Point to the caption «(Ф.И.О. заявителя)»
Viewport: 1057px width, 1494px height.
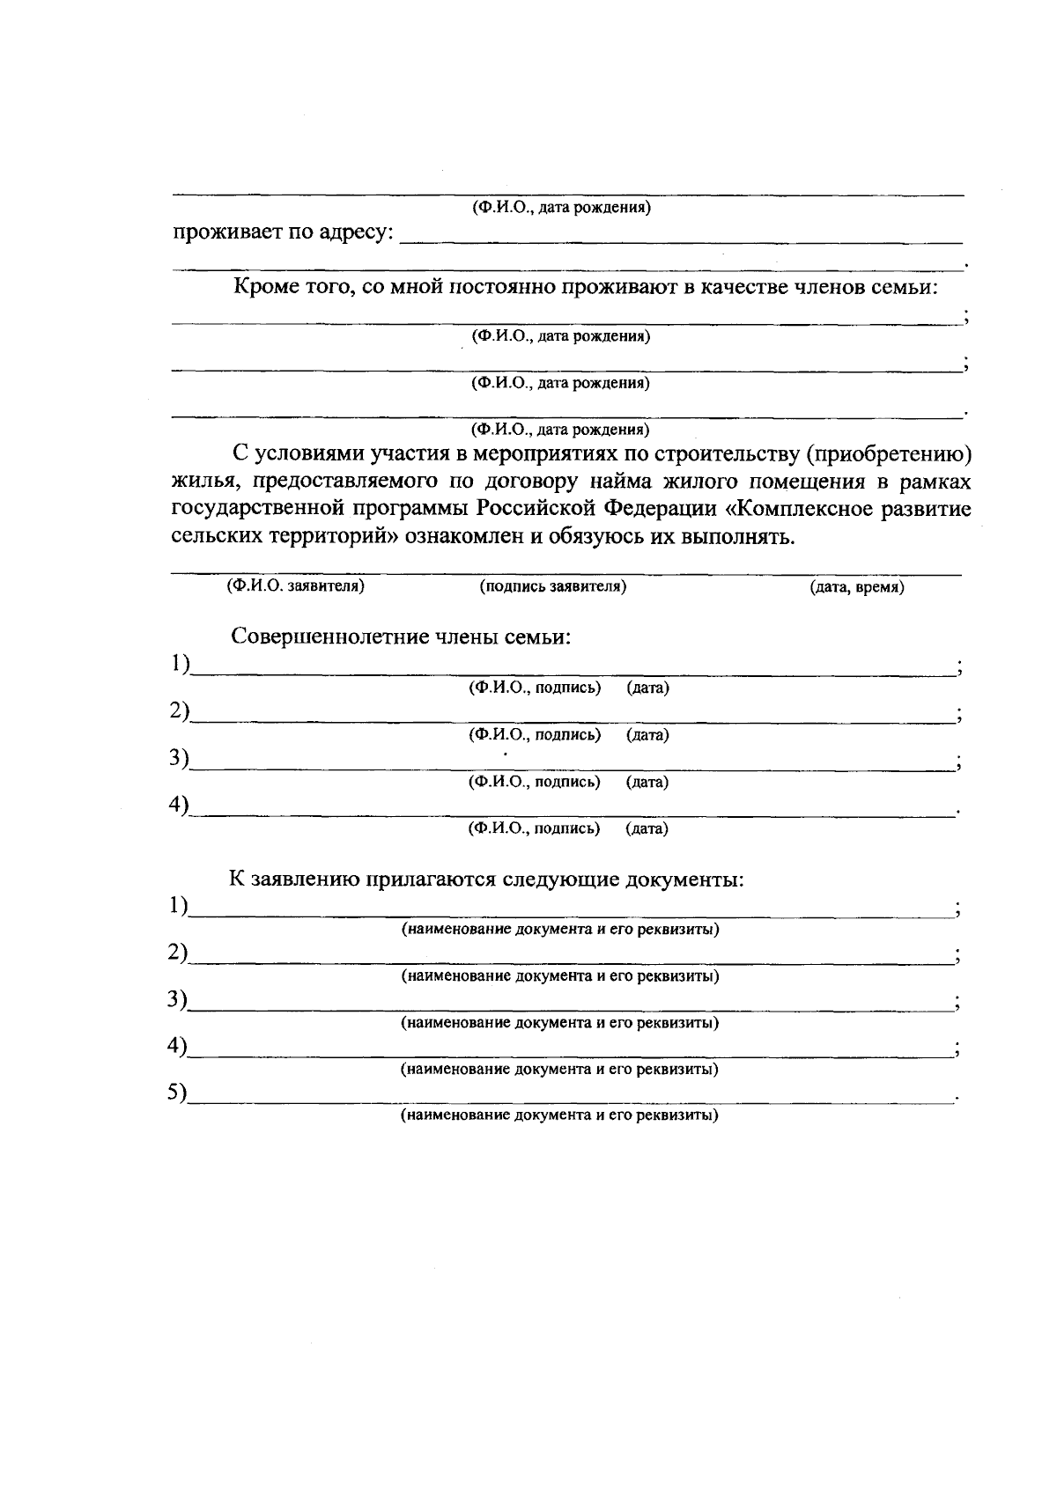click(x=295, y=586)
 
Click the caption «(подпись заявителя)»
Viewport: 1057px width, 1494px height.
click(x=552, y=586)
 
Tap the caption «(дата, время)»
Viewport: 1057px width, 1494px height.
click(x=856, y=587)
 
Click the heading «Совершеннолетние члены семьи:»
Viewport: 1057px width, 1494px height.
click(x=402, y=637)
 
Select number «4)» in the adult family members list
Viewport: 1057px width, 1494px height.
click(x=180, y=805)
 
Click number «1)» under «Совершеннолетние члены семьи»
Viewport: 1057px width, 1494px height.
click(x=180, y=664)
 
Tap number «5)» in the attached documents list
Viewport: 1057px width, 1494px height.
click(x=179, y=1093)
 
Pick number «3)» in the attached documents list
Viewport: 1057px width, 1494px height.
click(x=179, y=999)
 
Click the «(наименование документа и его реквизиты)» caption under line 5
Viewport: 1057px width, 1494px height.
click(x=560, y=1115)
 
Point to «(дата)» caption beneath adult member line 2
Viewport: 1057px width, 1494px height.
click(x=647, y=735)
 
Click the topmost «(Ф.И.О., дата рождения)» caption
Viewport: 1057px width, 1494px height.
click(x=561, y=209)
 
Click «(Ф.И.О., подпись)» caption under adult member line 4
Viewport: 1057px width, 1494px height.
click(x=535, y=828)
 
